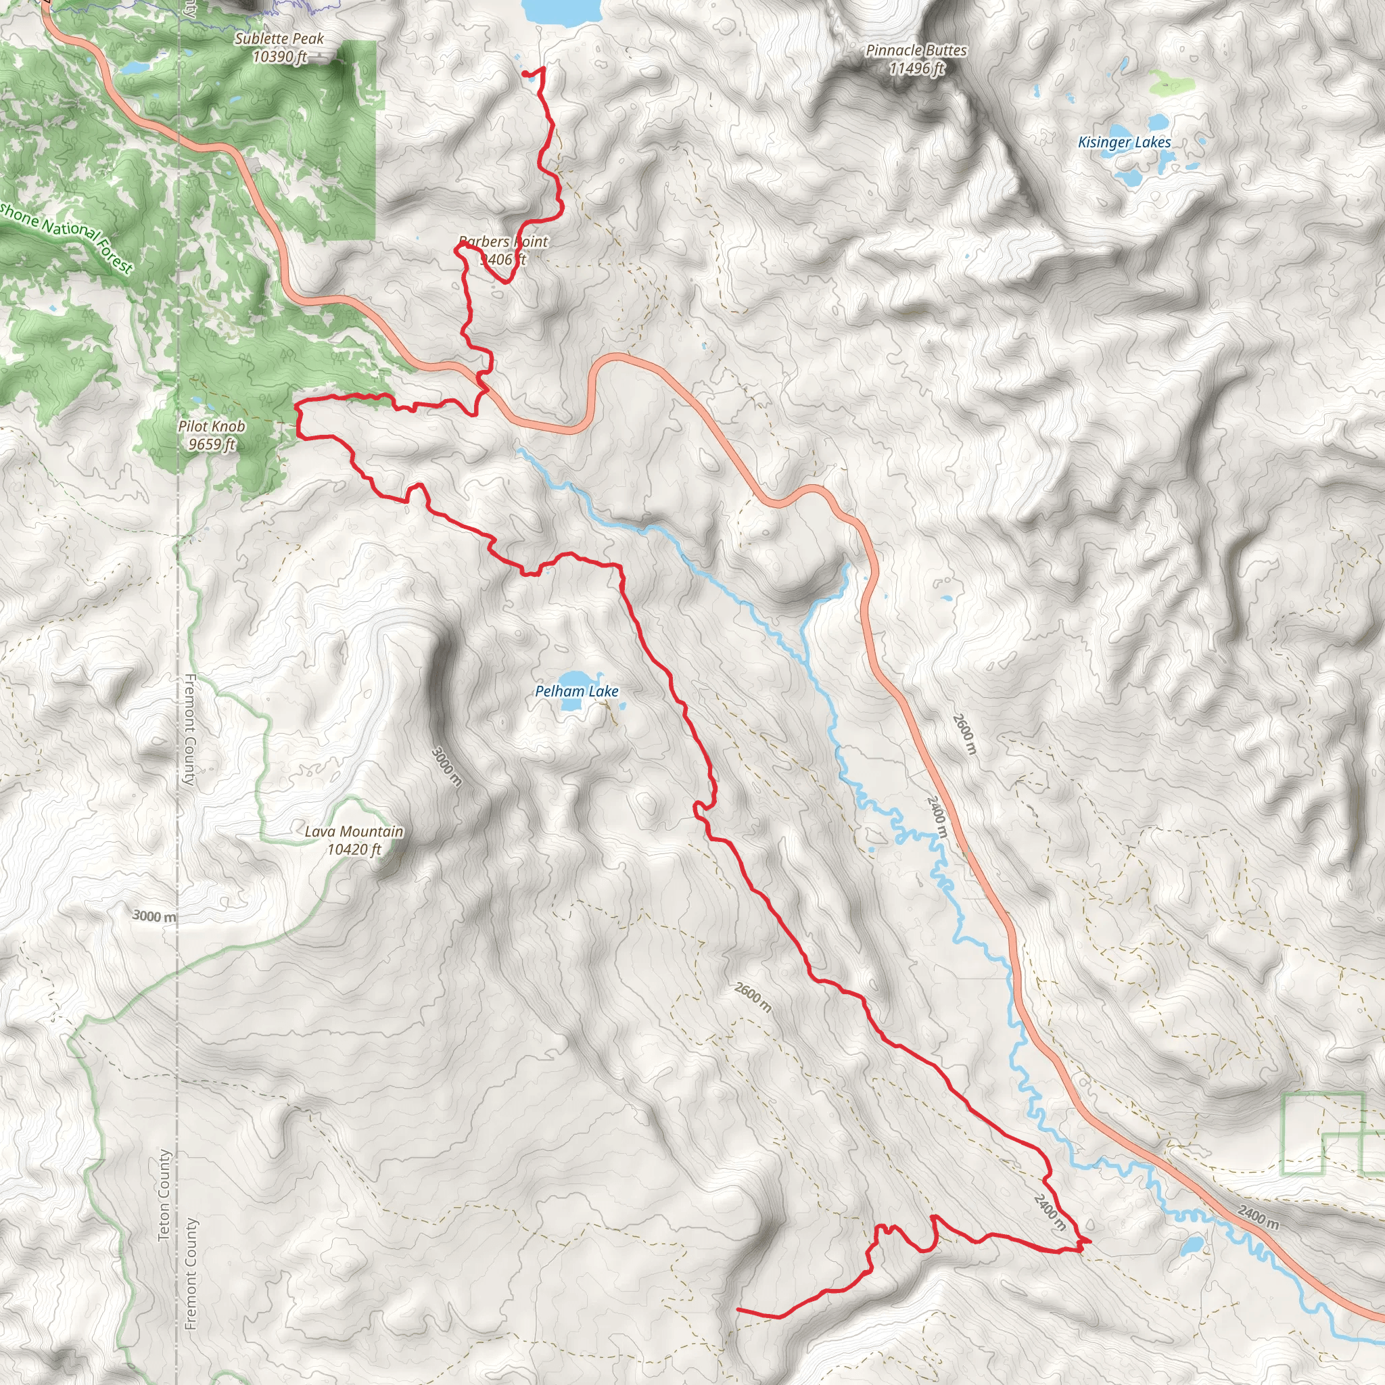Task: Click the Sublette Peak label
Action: [x=279, y=47]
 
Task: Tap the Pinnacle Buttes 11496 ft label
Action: [x=916, y=60]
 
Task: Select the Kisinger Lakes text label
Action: [x=1124, y=143]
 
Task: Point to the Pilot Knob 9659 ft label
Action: [x=212, y=435]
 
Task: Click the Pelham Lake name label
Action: [x=576, y=691]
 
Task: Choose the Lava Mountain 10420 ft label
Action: [x=354, y=840]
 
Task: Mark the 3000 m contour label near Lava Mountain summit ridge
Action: [x=446, y=766]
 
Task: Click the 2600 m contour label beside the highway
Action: [x=964, y=733]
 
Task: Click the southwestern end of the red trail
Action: [x=738, y=1309]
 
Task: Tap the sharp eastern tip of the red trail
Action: [x=1089, y=1240]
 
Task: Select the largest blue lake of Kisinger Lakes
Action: [x=1129, y=177]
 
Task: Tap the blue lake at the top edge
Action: [x=562, y=9]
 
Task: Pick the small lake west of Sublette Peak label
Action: [x=135, y=68]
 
